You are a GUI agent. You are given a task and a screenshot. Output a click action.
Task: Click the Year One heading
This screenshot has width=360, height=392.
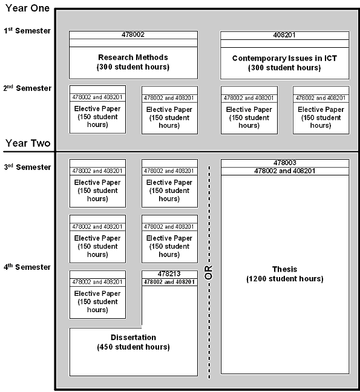[27, 8]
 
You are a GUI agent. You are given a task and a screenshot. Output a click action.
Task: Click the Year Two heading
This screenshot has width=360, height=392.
[28, 143]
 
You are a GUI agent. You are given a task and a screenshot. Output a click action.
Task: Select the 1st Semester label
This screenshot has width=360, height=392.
[27, 30]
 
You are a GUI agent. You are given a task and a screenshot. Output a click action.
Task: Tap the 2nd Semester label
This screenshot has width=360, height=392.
[27, 88]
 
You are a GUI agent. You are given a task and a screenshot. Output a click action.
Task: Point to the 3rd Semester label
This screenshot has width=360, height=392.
[27, 167]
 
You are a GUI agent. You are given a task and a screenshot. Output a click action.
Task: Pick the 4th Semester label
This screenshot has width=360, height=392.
[27, 267]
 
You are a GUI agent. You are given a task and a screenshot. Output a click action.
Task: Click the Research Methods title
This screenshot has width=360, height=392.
[133, 57]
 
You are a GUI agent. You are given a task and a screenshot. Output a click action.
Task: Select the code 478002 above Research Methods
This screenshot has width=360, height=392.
[133, 34]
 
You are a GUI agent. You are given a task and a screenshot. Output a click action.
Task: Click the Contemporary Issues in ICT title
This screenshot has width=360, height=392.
[284, 58]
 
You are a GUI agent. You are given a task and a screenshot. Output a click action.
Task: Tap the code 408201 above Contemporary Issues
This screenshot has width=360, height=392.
[284, 35]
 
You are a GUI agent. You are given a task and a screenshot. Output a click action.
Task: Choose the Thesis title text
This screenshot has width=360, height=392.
[285, 269]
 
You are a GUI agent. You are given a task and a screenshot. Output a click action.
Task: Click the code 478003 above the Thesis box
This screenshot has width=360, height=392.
[285, 163]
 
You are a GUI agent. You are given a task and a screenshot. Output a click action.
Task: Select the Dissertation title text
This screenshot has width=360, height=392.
[133, 337]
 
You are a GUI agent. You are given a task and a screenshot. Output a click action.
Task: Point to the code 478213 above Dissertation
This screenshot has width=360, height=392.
[169, 274]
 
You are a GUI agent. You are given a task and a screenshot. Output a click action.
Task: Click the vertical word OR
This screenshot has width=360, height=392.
[209, 272]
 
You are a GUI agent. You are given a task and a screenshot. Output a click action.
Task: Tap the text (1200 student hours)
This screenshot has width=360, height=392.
[285, 279]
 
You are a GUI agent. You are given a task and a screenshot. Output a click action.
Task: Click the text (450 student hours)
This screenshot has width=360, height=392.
[133, 347]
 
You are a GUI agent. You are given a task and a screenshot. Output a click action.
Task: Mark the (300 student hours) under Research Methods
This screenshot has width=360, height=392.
[133, 67]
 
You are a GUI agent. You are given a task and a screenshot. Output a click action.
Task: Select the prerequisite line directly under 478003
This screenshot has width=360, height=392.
[285, 171]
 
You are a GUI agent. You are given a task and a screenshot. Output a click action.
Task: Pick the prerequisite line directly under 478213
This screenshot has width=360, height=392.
[169, 282]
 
